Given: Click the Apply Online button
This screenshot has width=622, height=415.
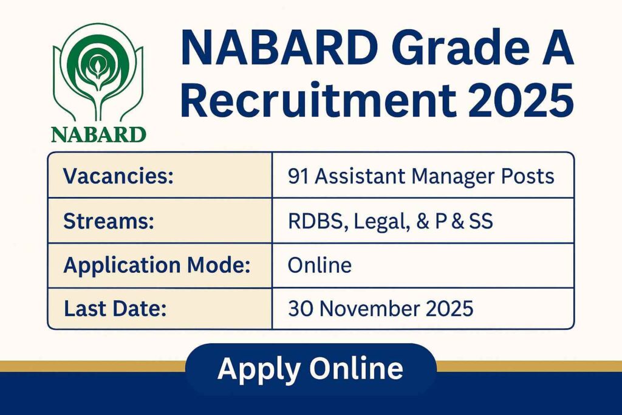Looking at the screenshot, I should (x=310, y=369).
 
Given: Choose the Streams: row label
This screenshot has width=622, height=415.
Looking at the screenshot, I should (x=108, y=221).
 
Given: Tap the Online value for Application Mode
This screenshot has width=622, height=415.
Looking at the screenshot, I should (x=320, y=266).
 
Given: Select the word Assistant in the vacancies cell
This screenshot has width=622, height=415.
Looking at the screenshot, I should (x=359, y=176).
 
